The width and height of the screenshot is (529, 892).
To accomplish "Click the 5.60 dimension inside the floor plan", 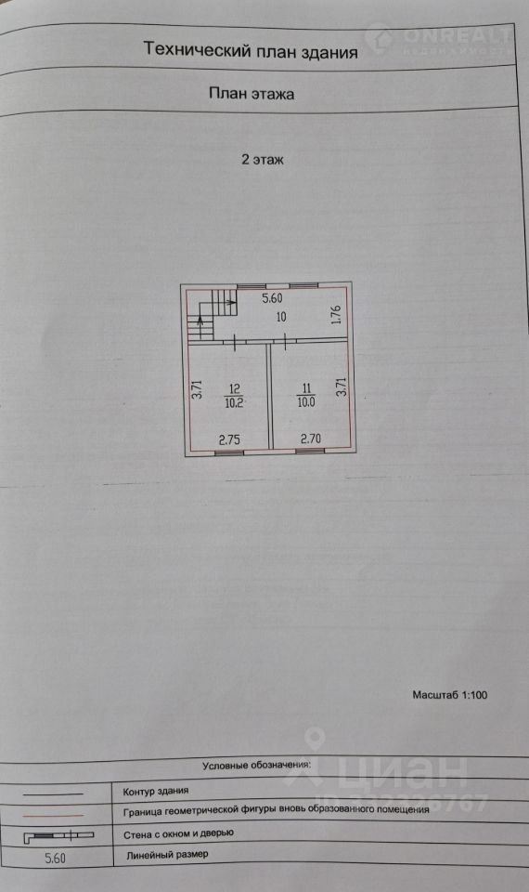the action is [x=272, y=298].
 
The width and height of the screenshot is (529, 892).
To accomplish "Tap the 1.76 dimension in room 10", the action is [x=336, y=315].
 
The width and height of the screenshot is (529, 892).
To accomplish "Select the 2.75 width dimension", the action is [x=229, y=439].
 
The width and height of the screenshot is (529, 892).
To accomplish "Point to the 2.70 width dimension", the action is [x=311, y=439].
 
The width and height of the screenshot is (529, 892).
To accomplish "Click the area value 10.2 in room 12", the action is [x=235, y=402].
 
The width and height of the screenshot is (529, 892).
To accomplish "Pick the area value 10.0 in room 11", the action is [x=306, y=402].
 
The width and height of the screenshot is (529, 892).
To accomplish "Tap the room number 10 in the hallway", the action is [x=281, y=317].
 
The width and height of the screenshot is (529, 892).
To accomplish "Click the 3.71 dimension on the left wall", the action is [x=197, y=389].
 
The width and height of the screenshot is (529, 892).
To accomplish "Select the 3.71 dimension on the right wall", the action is [x=341, y=387].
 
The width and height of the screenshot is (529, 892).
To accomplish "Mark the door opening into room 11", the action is [x=283, y=341].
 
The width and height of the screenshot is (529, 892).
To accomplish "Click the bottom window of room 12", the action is [x=229, y=453].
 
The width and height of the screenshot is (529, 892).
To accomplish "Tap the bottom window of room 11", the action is [x=310, y=452].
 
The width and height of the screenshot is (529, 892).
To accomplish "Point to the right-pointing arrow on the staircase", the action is [x=227, y=298].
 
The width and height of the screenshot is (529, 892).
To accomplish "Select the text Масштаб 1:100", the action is [x=449, y=695].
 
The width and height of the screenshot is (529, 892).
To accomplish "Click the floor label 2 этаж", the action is [x=263, y=160].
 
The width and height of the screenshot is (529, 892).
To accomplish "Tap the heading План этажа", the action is [x=252, y=93].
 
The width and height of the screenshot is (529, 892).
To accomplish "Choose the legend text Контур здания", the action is [x=156, y=791].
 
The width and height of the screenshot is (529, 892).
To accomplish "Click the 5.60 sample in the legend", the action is [x=55, y=858].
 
